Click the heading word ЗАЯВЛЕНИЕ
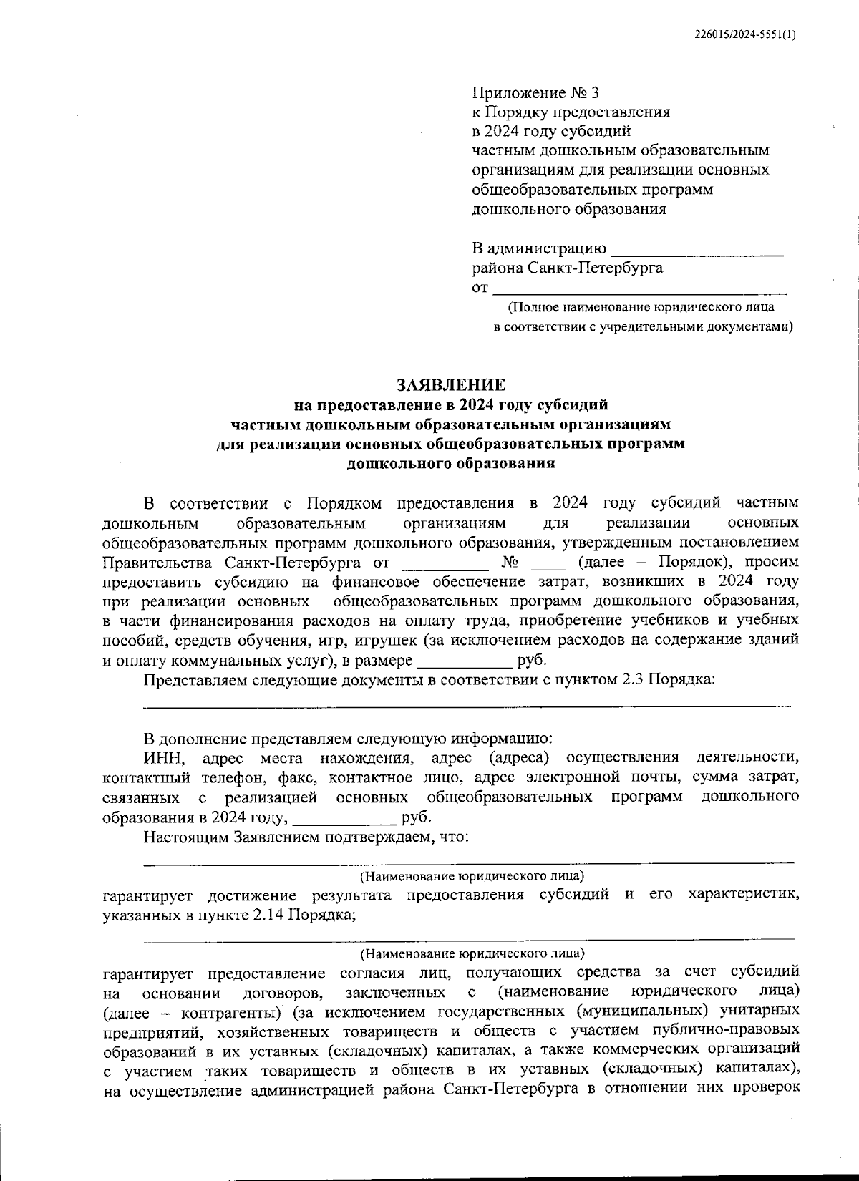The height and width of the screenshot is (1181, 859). tap(451, 385)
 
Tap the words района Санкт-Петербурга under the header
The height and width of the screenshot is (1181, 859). tap(567, 268)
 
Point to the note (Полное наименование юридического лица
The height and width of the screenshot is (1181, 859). tap(641, 308)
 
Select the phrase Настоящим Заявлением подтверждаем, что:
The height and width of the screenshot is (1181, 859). tap(306, 837)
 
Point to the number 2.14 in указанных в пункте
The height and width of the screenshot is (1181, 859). tap(268, 915)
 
